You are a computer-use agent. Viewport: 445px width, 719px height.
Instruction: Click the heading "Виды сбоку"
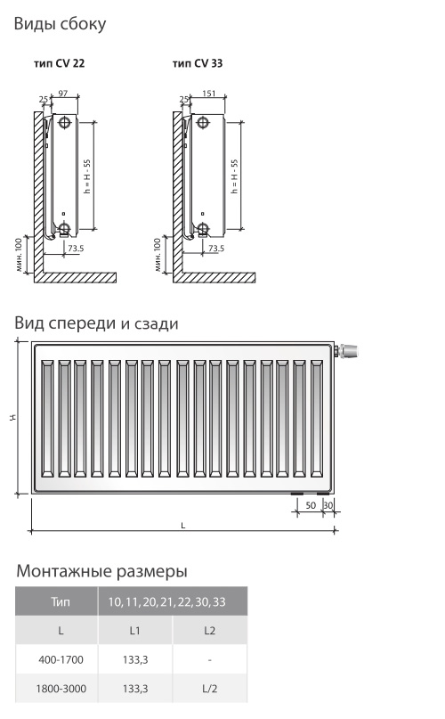60,24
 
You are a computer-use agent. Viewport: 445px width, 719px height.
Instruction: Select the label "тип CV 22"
59,63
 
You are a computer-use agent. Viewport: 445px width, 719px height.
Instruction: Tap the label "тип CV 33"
198,63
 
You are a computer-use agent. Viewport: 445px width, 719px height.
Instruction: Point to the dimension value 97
63,93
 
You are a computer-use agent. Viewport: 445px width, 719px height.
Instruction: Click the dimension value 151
208,93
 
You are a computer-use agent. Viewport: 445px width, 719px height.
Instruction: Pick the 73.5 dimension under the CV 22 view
76,249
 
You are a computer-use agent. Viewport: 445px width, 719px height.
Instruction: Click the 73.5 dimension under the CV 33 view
216,249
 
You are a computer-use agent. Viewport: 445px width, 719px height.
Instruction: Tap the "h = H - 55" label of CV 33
234,176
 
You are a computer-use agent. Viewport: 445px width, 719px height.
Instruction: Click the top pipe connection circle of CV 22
65,122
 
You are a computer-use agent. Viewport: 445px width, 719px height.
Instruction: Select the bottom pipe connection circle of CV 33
203,228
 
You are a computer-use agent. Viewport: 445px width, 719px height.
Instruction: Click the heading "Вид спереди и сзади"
96,323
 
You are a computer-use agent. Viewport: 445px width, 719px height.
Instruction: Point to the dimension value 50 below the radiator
311,505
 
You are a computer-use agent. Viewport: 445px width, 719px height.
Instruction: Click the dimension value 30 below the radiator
328,505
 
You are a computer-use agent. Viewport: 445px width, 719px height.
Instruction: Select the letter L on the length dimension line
182,526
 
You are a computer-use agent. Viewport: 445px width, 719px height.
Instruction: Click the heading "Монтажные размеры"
101,571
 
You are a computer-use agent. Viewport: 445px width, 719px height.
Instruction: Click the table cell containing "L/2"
210,689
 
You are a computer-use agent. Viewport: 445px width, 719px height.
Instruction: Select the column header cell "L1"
135,631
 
